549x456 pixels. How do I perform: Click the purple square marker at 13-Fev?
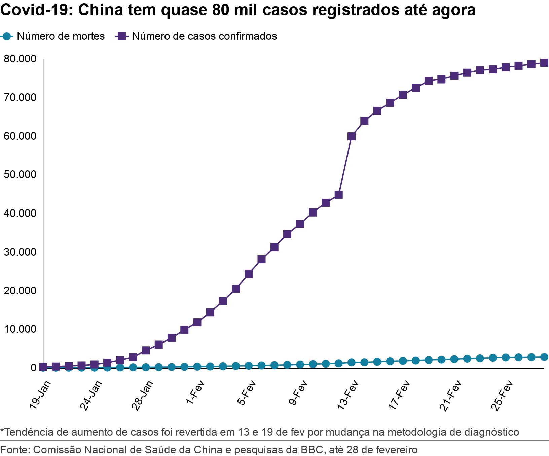click(x=352, y=136)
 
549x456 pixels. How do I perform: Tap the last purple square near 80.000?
click(x=544, y=63)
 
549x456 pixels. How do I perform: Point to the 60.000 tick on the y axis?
click(x=20, y=136)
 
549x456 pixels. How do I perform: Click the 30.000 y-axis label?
click(x=20, y=252)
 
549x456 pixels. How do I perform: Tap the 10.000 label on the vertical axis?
click(x=20, y=329)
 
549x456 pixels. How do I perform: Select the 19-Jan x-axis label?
click(x=40, y=395)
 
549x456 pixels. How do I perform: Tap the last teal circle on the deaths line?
click(x=544, y=357)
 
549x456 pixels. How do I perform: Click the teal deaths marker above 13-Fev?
click(x=352, y=362)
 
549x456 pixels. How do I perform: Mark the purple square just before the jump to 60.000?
click(x=339, y=195)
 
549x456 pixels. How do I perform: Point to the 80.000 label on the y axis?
click(x=20, y=59)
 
